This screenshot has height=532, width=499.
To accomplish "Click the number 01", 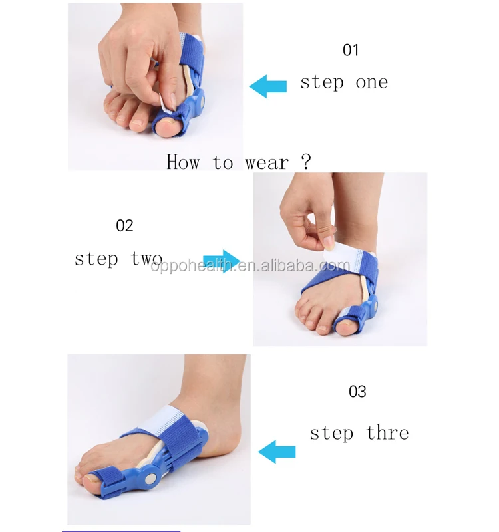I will click(351, 50).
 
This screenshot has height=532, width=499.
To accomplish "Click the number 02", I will click(125, 226).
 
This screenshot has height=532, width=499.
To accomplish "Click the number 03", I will click(358, 392).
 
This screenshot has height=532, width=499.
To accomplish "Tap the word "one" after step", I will click(372, 82).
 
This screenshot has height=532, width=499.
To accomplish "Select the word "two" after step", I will click(147, 258).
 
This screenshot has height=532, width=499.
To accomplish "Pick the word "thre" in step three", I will click(387, 433).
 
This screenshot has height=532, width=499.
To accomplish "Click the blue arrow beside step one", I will click(267, 85).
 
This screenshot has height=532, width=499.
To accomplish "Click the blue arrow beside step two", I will click(222, 261).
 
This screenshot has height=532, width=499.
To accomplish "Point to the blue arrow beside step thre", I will click(277, 451).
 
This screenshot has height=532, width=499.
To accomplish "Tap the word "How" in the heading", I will click(182, 162).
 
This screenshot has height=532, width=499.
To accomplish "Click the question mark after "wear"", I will click(305, 162).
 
